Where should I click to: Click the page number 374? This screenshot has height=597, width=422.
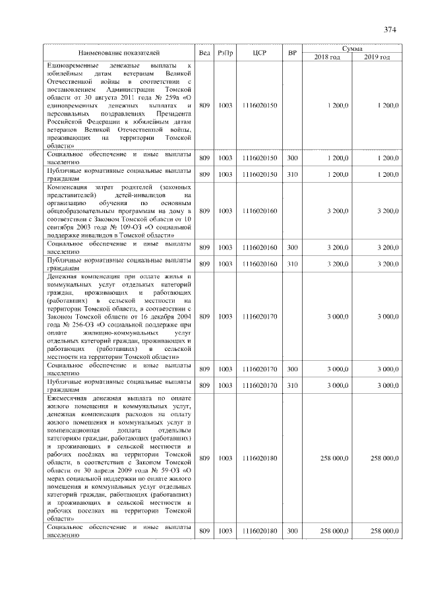pyautogui.click(x=389, y=30)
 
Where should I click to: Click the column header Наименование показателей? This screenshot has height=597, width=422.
pyautogui.click(x=119, y=52)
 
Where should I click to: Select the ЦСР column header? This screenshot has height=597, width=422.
pyautogui.click(x=259, y=52)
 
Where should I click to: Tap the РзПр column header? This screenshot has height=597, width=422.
pyautogui.click(x=226, y=52)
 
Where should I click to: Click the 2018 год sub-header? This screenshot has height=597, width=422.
pyautogui.click(x=328, y=57)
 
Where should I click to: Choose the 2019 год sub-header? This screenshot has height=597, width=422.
pyautogui.click(x=378, y=57)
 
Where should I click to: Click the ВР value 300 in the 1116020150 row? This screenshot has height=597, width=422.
pyautogui.click(x=293, y=159)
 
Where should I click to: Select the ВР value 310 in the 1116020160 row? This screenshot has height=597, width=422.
pyautogui.click(x=293, y=264)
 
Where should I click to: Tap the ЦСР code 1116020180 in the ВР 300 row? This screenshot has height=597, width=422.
pyautogui.click(x=259, y=531)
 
